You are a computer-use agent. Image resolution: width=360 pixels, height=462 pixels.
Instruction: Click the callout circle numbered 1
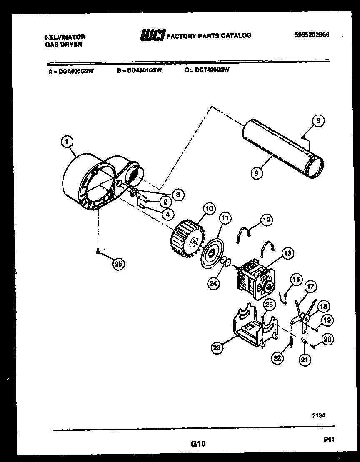click(66, 142)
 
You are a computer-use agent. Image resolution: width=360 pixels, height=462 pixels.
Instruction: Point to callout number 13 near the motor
click(287, 252)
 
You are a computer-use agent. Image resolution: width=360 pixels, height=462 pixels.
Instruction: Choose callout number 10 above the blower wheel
click(208, 208)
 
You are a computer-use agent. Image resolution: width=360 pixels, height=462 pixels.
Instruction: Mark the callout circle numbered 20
click(327, 339)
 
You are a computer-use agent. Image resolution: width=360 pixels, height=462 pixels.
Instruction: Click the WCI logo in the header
click(152, 36)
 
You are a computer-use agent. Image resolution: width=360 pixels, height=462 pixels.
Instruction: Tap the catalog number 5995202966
click(312, 35)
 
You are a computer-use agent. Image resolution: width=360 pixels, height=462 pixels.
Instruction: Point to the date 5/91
click(329, 439)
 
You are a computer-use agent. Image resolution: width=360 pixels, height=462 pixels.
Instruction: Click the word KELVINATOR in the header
click(65, 37)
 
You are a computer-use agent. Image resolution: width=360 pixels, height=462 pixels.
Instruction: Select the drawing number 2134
click(319, 415)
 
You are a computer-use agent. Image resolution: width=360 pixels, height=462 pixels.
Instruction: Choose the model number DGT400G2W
click(212, 70)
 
